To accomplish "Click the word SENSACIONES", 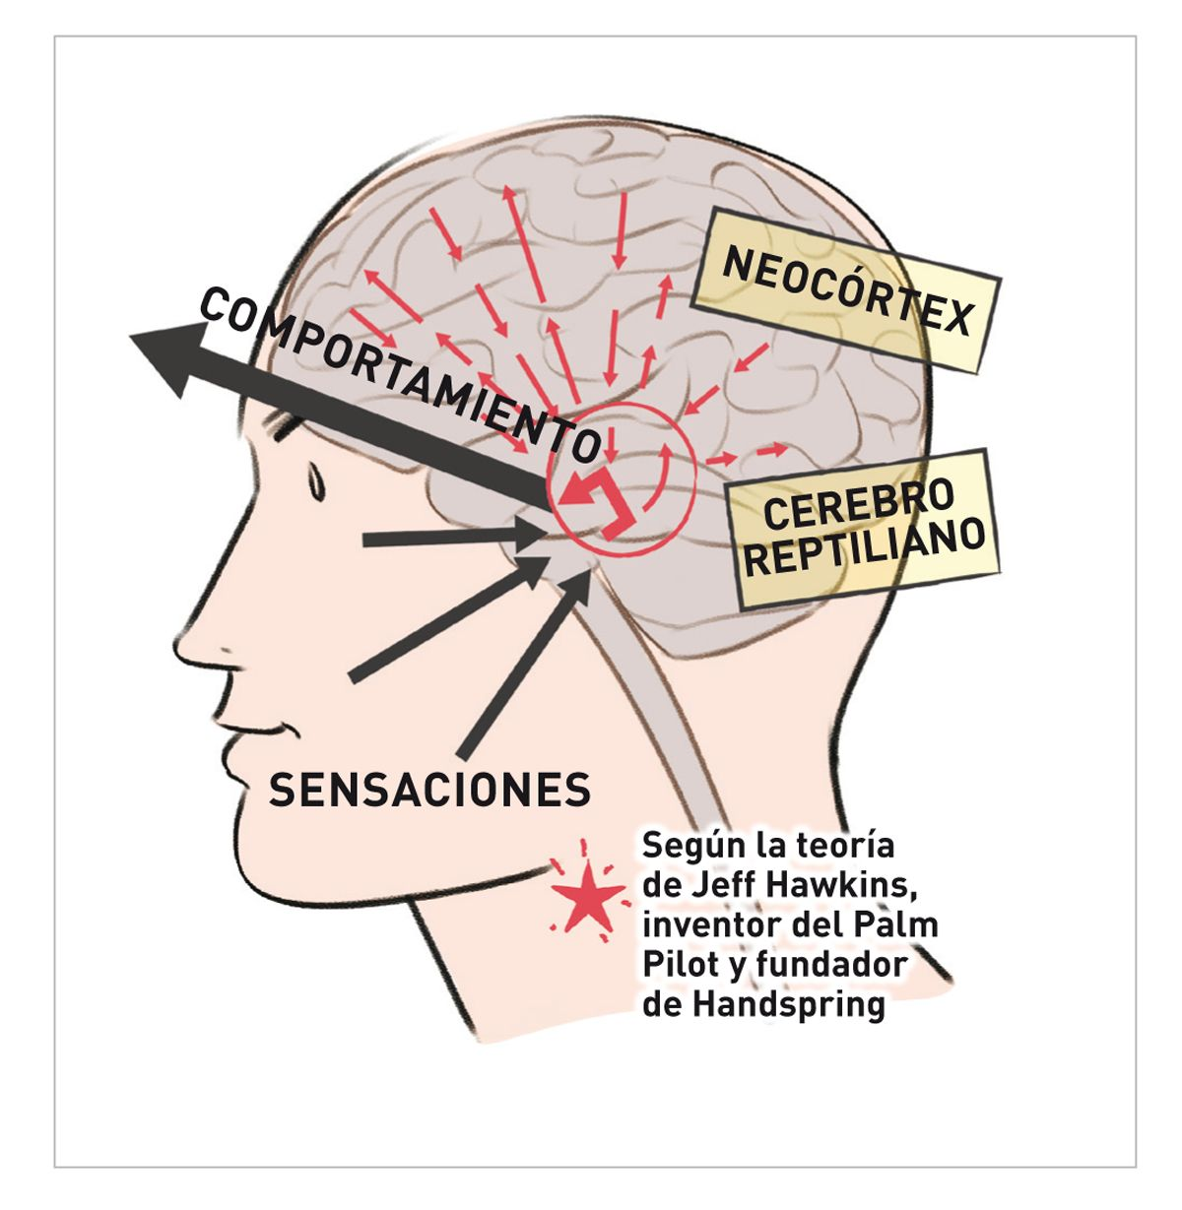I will [430, 789].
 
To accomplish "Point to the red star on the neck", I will [588, 898].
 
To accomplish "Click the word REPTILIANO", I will [863, 547].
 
